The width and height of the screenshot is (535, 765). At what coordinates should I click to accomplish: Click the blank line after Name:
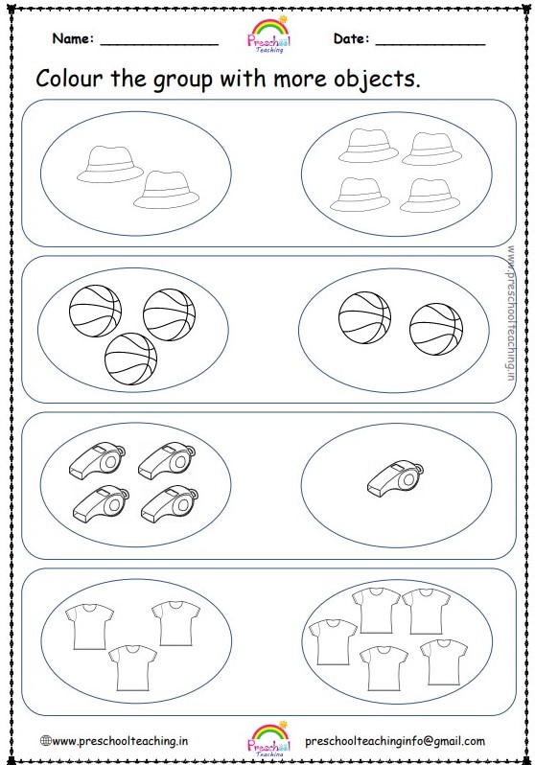pyautogui.click(x=158, y=42)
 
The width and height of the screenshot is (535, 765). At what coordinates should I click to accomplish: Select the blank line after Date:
pyautogui.click(x=430, y=42)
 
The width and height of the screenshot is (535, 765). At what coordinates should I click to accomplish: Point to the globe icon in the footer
pyautogui.click(x=44, y=741)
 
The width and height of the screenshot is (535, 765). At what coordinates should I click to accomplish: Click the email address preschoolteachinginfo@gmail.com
pyautogui.click(x=394, y=741)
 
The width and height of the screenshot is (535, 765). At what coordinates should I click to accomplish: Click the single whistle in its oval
pyautogui.click(x=395, y=476)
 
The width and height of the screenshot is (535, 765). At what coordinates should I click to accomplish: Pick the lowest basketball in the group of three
pyautogui.click(x=130, y=358)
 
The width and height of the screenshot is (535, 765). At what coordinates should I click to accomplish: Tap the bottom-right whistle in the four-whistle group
pyautogui.click(x=166, y=503)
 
